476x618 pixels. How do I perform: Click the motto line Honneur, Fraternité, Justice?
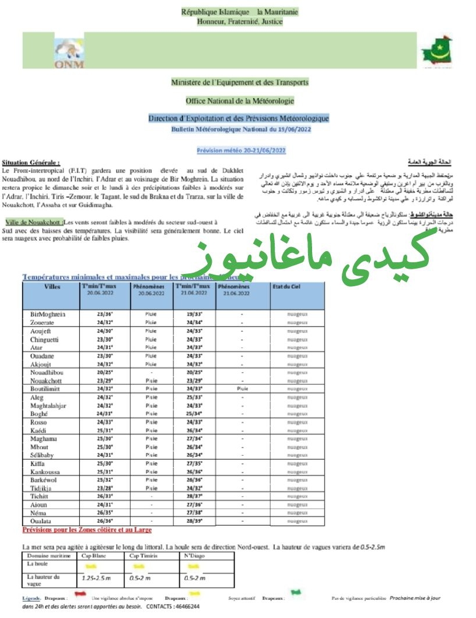tap(240, 22)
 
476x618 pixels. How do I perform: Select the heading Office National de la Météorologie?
tap(240, 100)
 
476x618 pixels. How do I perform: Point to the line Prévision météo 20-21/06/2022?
tap(241, 150)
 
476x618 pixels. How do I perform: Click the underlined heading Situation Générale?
tap(30, 162)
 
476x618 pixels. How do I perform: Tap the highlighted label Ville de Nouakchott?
tap(34, 223)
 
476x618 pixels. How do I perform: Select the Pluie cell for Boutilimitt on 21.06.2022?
tap(243, 388)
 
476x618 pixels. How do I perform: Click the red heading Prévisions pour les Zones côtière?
tap(86, 530)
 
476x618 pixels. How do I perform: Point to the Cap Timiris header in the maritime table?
tap(142, 555)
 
